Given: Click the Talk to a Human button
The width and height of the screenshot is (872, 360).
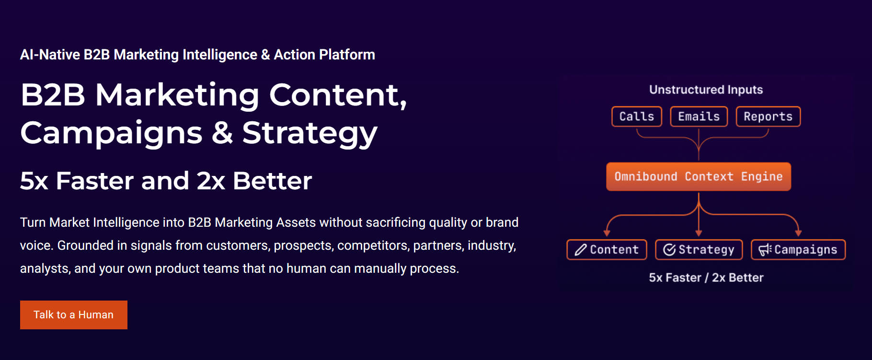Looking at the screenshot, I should click(74, 315).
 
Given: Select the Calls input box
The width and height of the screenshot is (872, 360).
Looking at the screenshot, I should click(636, 116).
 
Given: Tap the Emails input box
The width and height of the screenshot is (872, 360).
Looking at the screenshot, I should click(699, 116).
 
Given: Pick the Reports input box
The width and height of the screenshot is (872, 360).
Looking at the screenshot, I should click(768, 116).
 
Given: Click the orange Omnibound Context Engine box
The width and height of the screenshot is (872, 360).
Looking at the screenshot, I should click(698, 176).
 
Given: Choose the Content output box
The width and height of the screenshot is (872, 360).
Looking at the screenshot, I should click(607, 250).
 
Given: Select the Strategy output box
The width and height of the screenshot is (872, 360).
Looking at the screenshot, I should click(699, 250).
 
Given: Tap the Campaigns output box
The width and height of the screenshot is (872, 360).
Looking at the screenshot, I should click(798, 250).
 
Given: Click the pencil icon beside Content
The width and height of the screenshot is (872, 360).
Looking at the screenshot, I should click(580, 250).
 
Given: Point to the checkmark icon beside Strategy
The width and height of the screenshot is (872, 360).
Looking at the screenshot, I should click(669, 250).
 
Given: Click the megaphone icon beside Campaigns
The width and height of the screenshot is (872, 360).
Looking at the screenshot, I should click(765, 250).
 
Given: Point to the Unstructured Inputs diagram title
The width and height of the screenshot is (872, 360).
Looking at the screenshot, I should click(706, 90).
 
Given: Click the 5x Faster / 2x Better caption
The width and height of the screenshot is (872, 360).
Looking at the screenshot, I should click(706, 278).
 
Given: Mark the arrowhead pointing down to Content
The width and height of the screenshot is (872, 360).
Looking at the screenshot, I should click(607, 233).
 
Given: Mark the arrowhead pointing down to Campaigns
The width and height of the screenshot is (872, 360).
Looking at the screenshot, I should click(798, 233).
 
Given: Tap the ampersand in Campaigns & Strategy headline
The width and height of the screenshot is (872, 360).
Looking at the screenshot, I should click(222, 133).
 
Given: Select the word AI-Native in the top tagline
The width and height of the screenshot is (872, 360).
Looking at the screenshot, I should click(50, 55).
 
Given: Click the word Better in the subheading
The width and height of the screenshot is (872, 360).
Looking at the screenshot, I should click(272, 181).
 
